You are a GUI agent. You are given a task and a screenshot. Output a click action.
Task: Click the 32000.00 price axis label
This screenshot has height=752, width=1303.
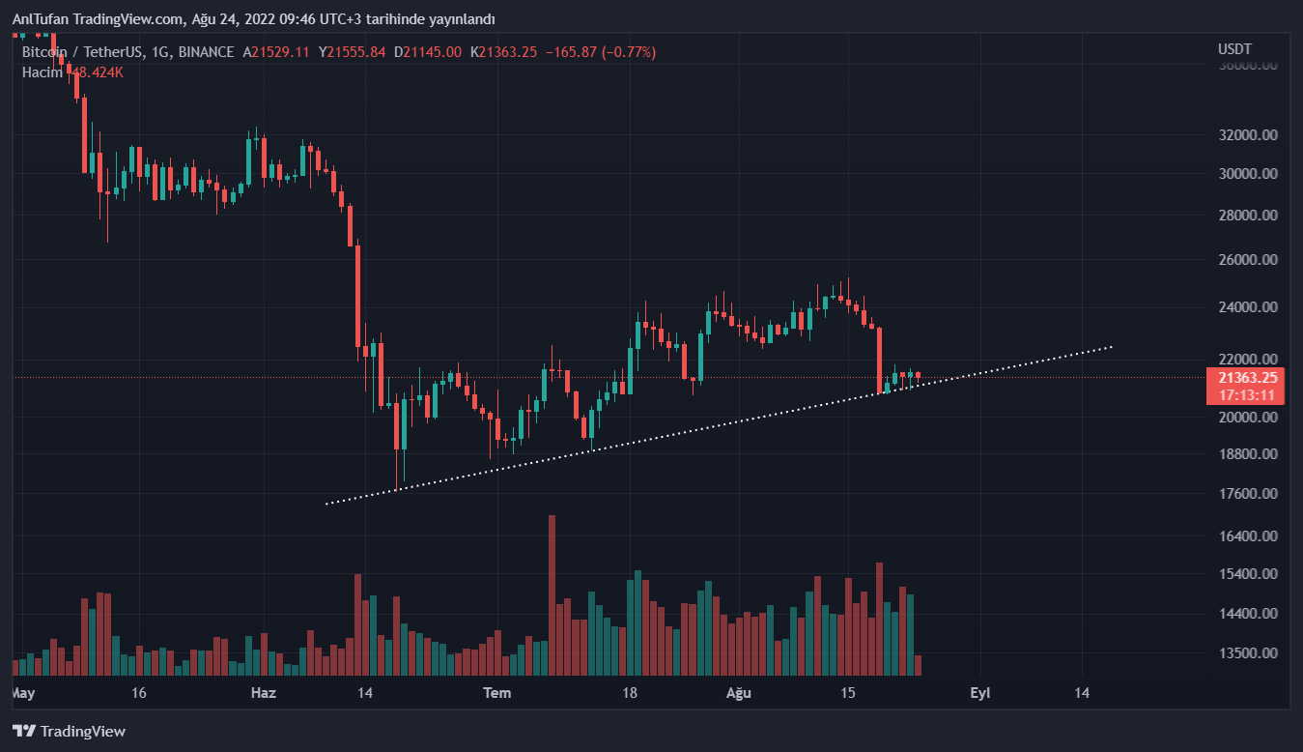[x=1248, y=136]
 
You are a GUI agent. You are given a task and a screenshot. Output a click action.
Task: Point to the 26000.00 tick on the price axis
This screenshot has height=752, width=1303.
[x=1248, y=260]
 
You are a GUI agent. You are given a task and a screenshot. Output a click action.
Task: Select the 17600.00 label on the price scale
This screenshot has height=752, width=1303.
[x=1248, y=494]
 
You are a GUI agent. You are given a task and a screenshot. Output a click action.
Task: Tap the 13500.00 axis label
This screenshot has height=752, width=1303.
[x=1248, y=653]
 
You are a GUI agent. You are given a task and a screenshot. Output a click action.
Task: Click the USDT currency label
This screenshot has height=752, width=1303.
[x=1234, y=49]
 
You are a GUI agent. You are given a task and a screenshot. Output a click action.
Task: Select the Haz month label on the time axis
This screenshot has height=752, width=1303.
[x=264, y=693]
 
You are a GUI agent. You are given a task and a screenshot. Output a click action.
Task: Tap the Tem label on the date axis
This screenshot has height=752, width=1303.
[x=496, y=693]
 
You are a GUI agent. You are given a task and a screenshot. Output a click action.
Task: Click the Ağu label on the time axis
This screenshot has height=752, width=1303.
[x=738, y=693]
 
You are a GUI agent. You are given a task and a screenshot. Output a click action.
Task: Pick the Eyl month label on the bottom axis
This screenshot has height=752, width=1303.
[x=980, y=693]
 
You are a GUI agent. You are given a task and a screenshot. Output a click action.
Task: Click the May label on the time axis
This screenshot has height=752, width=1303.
[x=22, y=693]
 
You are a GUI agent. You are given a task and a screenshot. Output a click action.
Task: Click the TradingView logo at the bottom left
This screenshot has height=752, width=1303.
[x=69, y=732]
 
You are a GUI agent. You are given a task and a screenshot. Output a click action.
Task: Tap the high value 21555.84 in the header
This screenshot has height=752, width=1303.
[x=357, y=52]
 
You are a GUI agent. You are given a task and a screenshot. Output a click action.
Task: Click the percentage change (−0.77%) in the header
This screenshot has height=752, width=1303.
[x=628, y=52]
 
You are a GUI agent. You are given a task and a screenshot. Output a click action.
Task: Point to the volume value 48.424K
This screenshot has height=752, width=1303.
[x=96, y=72]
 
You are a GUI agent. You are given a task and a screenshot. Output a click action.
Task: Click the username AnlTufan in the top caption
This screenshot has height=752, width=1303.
[x=39, y=19]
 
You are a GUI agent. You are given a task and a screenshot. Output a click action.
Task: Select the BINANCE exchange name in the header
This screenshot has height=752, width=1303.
[x=206, y=52]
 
